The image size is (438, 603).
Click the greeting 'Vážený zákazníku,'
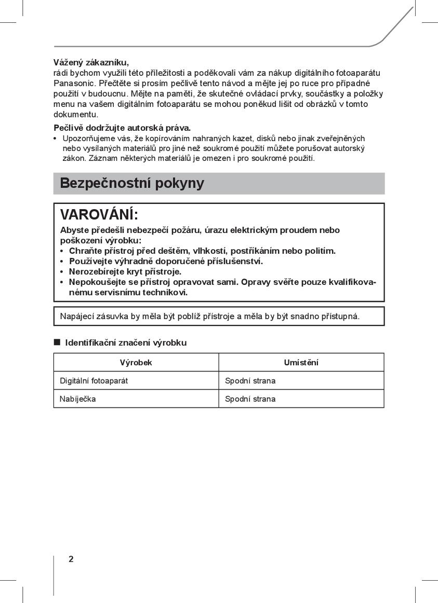[x=91, y=63]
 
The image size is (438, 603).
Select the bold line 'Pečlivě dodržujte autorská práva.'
[x=122, y=128]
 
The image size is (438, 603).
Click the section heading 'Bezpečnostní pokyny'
[x=132, y=183]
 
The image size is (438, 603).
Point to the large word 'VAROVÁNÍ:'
[x=99, y=214]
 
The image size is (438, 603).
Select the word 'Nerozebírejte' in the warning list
[x=96, y=272]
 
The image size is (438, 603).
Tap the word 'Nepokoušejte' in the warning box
[x=96, y=282]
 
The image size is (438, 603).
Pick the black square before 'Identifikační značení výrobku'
[x=57, y=342]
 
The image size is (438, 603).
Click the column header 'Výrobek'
[x=136, y=363]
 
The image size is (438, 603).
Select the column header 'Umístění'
[x=301, y=363]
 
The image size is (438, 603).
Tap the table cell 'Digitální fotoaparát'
[x=94, y=381]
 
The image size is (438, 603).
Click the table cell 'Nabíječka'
[x=78, y=399]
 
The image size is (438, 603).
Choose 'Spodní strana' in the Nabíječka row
[x=250, y=399]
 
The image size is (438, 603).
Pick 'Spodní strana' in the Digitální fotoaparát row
[x=250, y=381]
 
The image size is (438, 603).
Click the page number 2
[x=71, y=559]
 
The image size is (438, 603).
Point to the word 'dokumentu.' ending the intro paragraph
[x=76, y=115]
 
